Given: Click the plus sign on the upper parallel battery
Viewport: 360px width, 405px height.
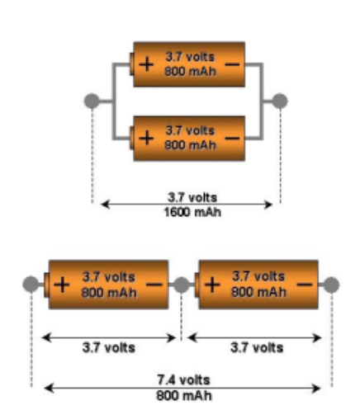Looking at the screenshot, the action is (146, 64).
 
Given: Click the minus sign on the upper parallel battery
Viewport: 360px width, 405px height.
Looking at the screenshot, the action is (233, 64).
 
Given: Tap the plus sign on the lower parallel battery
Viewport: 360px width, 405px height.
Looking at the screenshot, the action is (146, 138).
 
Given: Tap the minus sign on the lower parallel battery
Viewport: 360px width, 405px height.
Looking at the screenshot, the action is (233, 138).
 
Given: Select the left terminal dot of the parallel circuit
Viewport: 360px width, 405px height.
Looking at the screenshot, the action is (92, 101).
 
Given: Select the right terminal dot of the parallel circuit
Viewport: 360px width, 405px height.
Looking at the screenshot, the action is (280, 101).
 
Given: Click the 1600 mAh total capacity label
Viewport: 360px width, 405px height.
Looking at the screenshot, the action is (192, 213).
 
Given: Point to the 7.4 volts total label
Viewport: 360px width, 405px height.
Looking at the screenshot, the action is (183, 380).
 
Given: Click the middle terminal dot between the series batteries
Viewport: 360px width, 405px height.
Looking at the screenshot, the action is (182, 285).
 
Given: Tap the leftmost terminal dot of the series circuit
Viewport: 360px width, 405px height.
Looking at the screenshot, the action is (31, 284).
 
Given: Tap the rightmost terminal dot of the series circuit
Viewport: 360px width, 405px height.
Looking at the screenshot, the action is (331, 285).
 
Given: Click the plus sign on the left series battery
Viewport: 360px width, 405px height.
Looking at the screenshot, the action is (62, 285).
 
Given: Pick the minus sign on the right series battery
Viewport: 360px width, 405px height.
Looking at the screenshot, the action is (305, 285).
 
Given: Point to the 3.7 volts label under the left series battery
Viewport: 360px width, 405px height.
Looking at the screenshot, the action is (109, 348).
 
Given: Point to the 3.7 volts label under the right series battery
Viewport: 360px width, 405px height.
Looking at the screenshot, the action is (257, 348).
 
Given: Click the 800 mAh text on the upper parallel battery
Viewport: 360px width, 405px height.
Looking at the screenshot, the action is (190, 72).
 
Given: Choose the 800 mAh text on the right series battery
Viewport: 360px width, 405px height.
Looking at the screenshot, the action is (258, 292).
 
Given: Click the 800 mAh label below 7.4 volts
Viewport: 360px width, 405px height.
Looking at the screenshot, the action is (184, 396).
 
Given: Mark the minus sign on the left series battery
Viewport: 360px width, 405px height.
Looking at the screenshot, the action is (154, 285).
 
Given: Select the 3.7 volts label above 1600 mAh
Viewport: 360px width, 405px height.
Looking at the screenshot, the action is (192, 197).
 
